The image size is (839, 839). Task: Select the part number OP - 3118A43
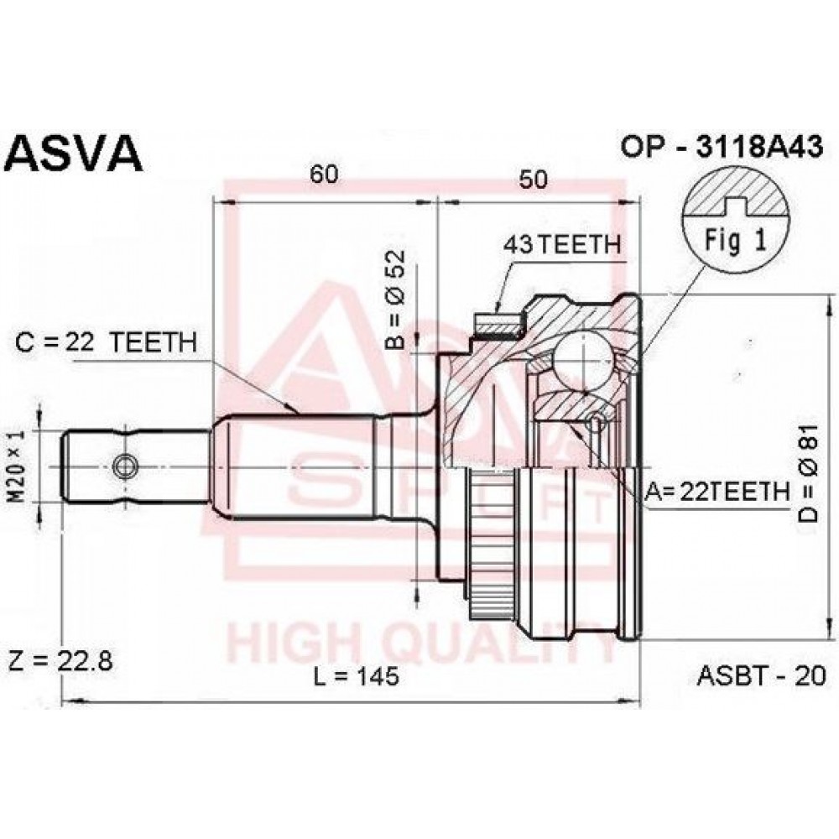pos(721,146)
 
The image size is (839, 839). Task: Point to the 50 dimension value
pos(533,180)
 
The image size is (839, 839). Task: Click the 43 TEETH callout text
pos(562,244)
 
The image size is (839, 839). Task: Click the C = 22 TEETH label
pos(106,342)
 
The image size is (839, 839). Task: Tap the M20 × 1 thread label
pos(18,466)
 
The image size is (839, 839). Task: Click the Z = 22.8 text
pos(60,661)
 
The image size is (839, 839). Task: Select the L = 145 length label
pos(357,677)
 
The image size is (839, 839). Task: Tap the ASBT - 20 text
pos(762,675)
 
